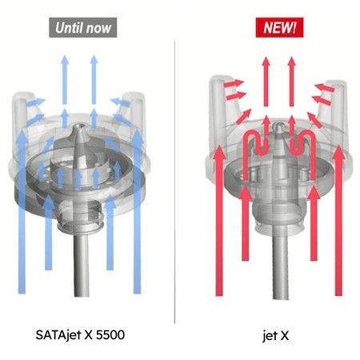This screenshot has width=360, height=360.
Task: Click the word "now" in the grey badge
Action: coord(102,26)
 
